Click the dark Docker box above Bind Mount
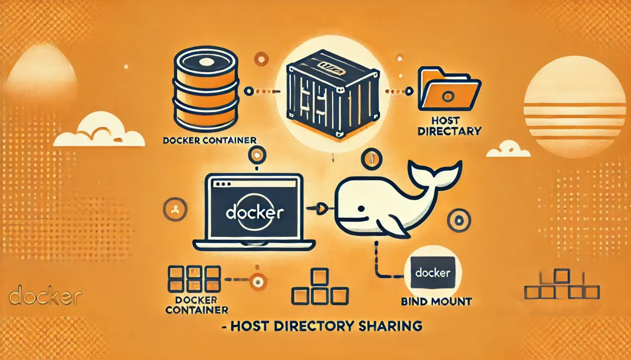click(433, 274)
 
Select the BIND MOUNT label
click(436, 302)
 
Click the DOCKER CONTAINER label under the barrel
click(210, 140)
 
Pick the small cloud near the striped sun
click(508, 149)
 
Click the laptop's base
click(255, 245)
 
